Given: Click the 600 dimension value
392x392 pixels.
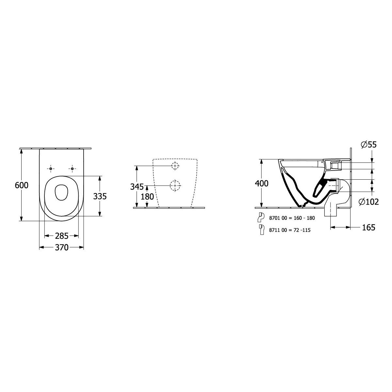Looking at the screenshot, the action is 22,185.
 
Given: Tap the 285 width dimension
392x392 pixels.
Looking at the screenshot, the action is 62,236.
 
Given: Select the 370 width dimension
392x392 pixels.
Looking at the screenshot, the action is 62,248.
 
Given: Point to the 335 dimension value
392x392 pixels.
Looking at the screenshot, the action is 100,196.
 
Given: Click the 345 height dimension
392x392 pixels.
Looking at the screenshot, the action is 137,187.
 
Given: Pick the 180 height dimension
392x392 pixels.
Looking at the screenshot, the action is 147,197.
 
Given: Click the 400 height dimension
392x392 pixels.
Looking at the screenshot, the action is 262,184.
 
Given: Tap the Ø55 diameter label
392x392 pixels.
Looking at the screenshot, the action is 369,145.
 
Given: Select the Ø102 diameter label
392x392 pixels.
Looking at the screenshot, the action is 369,202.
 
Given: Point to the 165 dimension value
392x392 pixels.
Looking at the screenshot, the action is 368,227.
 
